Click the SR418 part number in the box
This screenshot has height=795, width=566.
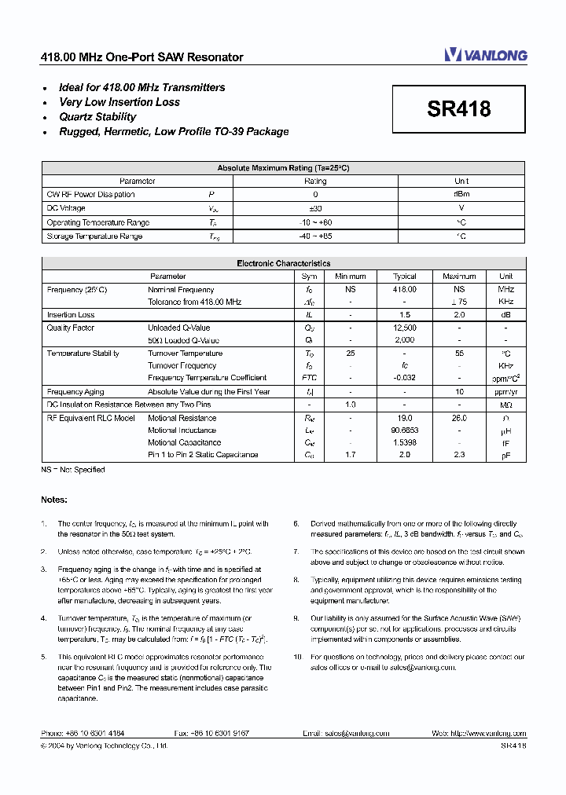459,109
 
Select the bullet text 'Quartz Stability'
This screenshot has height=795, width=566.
97,117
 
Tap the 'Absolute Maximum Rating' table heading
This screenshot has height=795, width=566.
283,168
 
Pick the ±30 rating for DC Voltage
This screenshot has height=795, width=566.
315,208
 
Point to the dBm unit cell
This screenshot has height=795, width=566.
461,194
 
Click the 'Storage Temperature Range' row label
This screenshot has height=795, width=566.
94,236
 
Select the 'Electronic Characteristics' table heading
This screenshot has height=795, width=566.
283,264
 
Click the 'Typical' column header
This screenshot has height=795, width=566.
404,277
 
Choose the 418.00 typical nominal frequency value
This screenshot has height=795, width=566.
404,290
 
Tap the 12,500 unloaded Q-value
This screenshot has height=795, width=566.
404,328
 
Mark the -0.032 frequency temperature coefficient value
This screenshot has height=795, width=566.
404,378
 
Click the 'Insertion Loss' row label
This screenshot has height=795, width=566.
71,315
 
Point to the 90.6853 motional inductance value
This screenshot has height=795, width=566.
404,430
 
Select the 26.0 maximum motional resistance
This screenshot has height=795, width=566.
459,418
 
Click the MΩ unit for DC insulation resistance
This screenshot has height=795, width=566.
505,405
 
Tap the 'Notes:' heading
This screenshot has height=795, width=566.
54,500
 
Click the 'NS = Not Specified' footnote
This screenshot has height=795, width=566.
73,470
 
